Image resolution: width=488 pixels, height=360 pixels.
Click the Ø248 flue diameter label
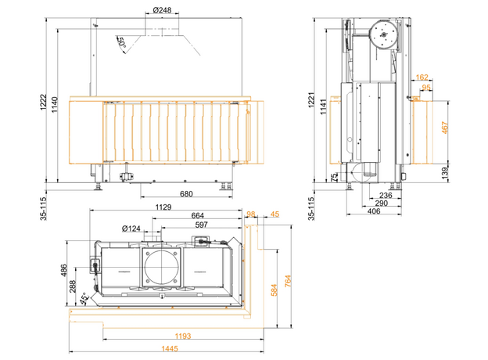162,10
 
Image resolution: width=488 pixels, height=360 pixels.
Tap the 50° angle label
120,43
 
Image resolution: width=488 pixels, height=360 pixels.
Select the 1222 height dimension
44,102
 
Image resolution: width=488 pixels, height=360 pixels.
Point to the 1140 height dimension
55,105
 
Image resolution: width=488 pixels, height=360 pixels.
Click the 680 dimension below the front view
186,194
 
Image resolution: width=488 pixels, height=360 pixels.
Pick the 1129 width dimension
163,207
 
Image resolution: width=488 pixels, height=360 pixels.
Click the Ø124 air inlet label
131,229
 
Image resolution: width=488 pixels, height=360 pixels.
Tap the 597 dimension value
201,225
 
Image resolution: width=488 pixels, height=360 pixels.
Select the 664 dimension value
198,215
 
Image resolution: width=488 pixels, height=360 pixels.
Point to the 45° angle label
84,298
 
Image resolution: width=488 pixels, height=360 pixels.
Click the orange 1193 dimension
183,336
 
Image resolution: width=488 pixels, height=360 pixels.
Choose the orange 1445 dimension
170,348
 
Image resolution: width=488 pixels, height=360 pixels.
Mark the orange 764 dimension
288,281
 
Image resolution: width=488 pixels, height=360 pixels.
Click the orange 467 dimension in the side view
445,128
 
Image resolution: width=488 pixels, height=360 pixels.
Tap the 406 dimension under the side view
374,211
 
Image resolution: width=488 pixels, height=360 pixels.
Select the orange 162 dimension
422,77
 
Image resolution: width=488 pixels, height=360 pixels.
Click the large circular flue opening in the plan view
162,267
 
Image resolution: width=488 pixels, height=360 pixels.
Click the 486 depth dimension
63,270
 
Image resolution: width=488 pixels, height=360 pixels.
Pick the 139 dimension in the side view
445,173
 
